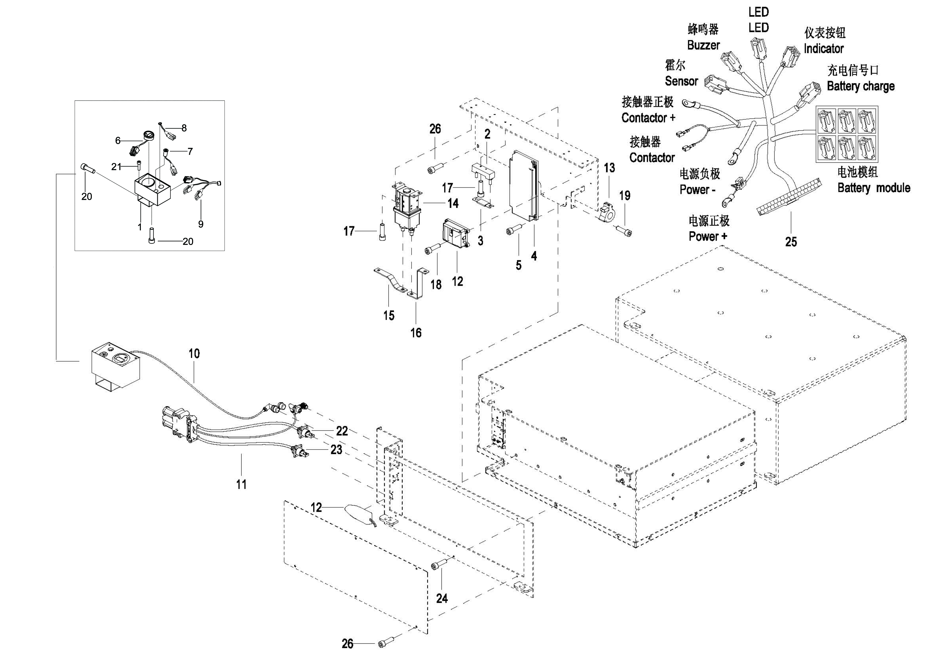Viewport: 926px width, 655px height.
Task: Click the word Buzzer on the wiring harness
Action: point(703,45)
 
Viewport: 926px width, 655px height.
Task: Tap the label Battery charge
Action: point(861,86)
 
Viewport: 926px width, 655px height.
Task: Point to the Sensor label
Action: point(681,81)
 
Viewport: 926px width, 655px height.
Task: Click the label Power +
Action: point(708,236)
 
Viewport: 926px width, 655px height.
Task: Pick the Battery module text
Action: point(874,188)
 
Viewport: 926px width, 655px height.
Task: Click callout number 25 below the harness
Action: point(791,242)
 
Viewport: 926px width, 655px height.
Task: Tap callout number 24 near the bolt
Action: point(442,598)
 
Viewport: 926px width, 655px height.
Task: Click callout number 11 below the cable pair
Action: point(241,485)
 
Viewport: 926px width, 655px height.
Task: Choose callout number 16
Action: point(416,333)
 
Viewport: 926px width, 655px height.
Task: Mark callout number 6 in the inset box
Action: point(118,140)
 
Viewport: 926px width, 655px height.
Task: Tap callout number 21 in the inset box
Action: point(116,167)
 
